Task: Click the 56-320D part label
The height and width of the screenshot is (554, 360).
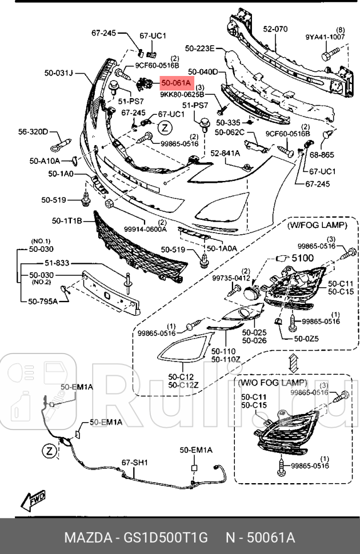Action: (33, 131)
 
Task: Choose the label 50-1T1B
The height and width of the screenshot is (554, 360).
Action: (67, 220)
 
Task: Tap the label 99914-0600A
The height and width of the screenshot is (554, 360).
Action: (147, 228)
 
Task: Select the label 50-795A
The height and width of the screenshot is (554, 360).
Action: (43, 300)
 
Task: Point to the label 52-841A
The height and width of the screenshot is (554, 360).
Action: (225, 153)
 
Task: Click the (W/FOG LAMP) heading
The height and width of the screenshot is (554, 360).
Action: (316, 226)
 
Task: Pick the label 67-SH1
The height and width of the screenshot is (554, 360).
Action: (134, 463)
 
